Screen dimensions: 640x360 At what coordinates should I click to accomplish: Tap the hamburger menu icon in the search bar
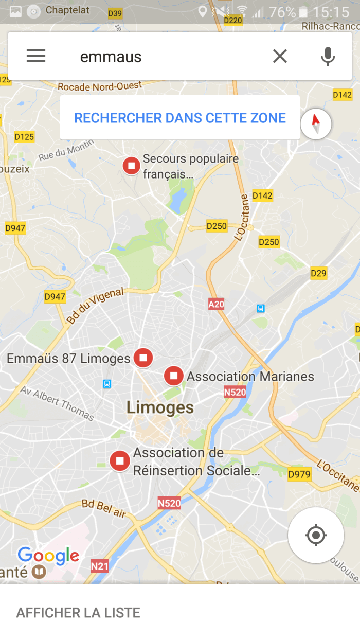point(36,56)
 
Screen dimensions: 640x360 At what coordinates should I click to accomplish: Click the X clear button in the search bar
point(280,56)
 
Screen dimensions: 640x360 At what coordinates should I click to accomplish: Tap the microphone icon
point(328,56)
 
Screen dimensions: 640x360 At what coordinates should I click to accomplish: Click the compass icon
point(316,124)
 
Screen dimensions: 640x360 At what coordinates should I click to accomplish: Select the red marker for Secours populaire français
point(132,166)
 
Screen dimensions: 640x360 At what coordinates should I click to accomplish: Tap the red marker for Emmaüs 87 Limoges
point(143,358)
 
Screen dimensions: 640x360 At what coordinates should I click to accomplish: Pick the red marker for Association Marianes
point(174,376)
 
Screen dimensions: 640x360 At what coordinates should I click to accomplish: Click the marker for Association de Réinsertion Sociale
point(120,460)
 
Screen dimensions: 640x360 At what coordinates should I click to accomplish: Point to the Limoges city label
point(160,408)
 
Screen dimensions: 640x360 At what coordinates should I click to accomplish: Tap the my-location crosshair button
point(316,535)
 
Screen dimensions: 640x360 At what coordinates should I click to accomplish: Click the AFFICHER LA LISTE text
point(78,613)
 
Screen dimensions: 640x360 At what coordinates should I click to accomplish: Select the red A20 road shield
point(216,304)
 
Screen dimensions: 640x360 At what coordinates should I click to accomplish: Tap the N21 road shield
point(100,566)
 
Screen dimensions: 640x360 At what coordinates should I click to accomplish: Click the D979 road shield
point(299,474)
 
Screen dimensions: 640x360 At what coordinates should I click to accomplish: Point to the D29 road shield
point(318,273)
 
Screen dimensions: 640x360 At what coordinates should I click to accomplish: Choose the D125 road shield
point(24,136)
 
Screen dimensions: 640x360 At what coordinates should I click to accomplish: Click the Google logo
point(48,556)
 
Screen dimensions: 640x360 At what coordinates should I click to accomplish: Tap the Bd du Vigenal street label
point(95,306)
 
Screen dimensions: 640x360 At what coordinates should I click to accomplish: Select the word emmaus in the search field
point(111,57)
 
